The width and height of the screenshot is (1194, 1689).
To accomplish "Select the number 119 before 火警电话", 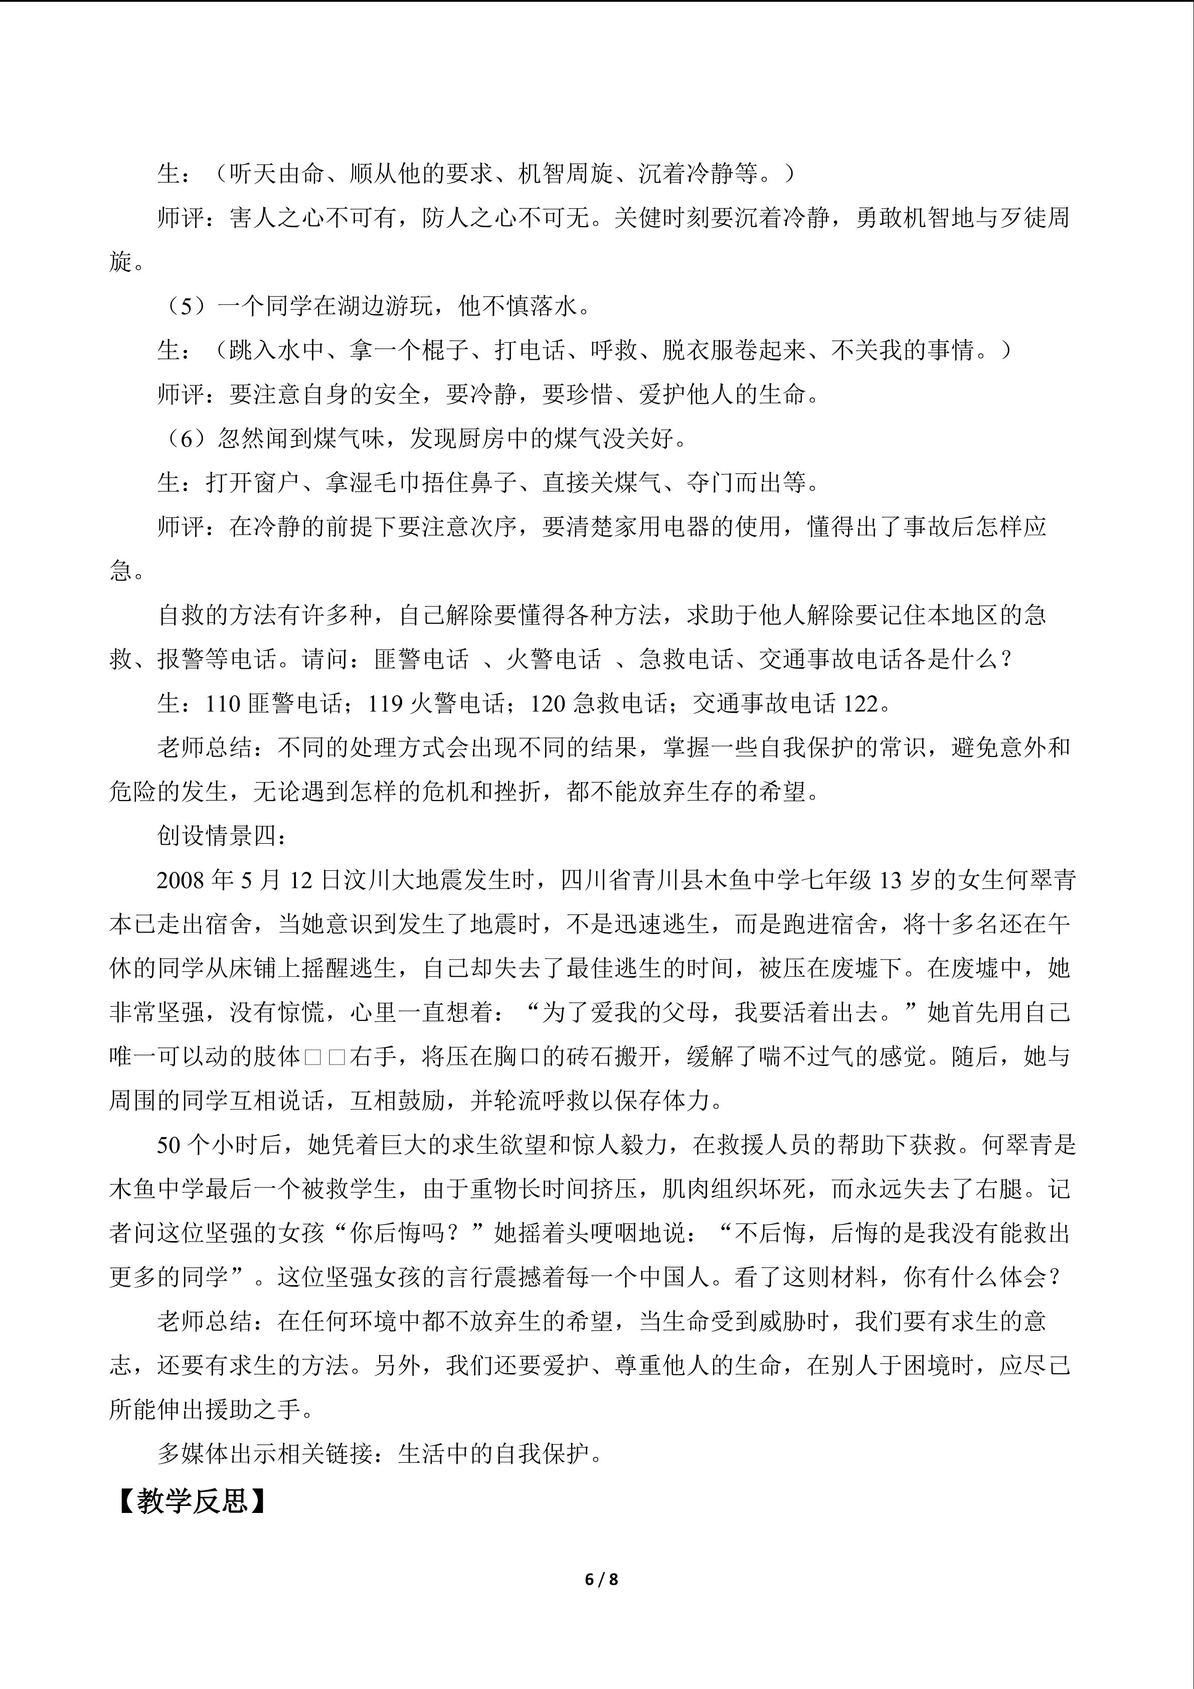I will coord(385,704).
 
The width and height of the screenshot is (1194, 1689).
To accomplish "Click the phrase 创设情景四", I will coord(218,836).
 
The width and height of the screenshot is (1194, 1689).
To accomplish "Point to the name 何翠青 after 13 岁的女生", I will coord(1041,880).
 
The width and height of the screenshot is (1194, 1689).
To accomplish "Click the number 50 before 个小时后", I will coord(168,1145).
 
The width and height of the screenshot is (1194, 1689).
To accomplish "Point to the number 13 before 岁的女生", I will coord(890,880).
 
